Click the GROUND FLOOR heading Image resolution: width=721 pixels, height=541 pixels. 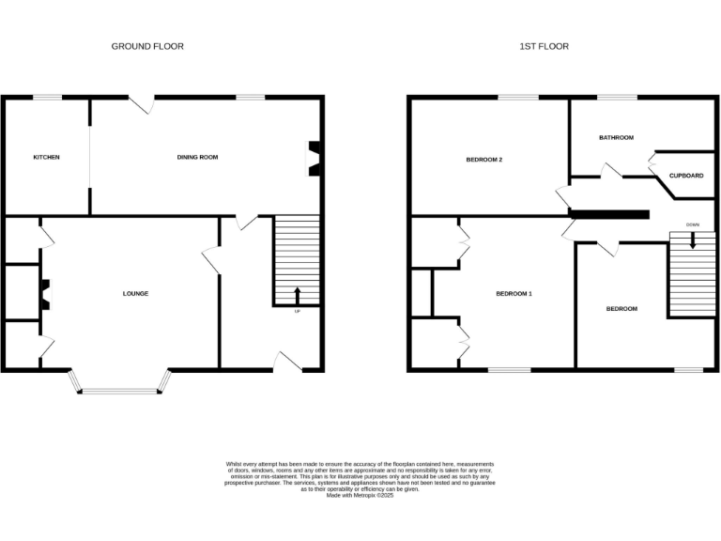[x=147, y=46]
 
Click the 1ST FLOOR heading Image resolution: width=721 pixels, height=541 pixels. [x=545, y=46]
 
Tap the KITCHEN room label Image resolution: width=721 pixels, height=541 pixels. [x=46, y=157]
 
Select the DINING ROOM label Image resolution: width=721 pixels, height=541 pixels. [x=197, y=157]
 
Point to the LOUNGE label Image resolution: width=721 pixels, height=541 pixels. [x=135, y=294]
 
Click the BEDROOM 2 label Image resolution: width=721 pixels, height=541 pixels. [x=484, y=160]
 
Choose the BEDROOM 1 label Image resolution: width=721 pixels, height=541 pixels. [x=514, y=294]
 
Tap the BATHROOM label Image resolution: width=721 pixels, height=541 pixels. [x=616, y=138]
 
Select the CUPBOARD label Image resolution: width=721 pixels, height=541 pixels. [x=686, y=176]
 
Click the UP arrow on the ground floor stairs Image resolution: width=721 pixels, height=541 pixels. [x=298, y=294]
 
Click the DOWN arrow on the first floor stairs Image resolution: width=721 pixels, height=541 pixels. [x=693, y=239]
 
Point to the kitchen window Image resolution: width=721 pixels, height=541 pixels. [x=47, y=97]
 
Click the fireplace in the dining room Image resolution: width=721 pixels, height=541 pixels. [x=316, y=159]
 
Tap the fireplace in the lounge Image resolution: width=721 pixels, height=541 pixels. [x=43, y=294]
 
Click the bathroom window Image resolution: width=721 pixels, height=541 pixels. [x=616, y=97]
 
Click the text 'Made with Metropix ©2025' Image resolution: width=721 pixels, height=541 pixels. [x=360, y=495]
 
